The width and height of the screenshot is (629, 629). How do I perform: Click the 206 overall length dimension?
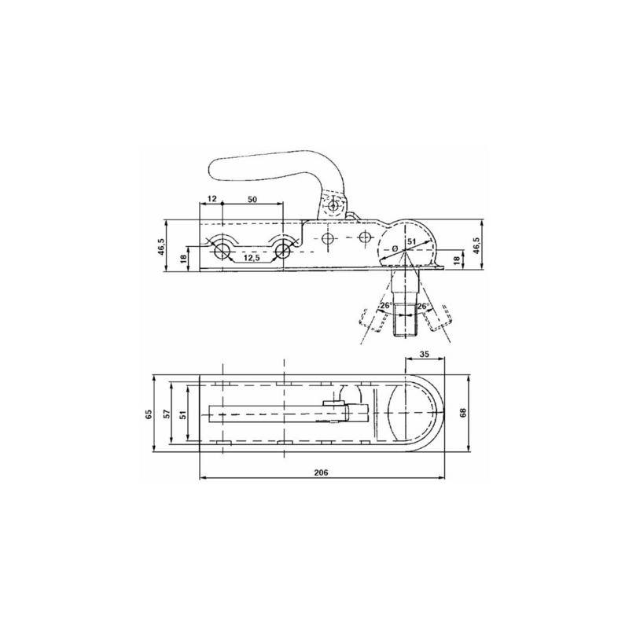pos(321,473)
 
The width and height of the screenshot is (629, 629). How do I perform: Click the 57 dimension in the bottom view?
pos(167,414)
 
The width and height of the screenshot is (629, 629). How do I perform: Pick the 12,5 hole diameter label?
pos(252,258)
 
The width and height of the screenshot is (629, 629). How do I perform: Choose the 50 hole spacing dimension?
pos(252,199)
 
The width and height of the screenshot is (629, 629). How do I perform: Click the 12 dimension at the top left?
pos(212,198)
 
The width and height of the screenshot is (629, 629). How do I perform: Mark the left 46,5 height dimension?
pos(161,246)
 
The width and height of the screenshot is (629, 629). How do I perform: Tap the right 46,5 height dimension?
pos(476,245)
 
